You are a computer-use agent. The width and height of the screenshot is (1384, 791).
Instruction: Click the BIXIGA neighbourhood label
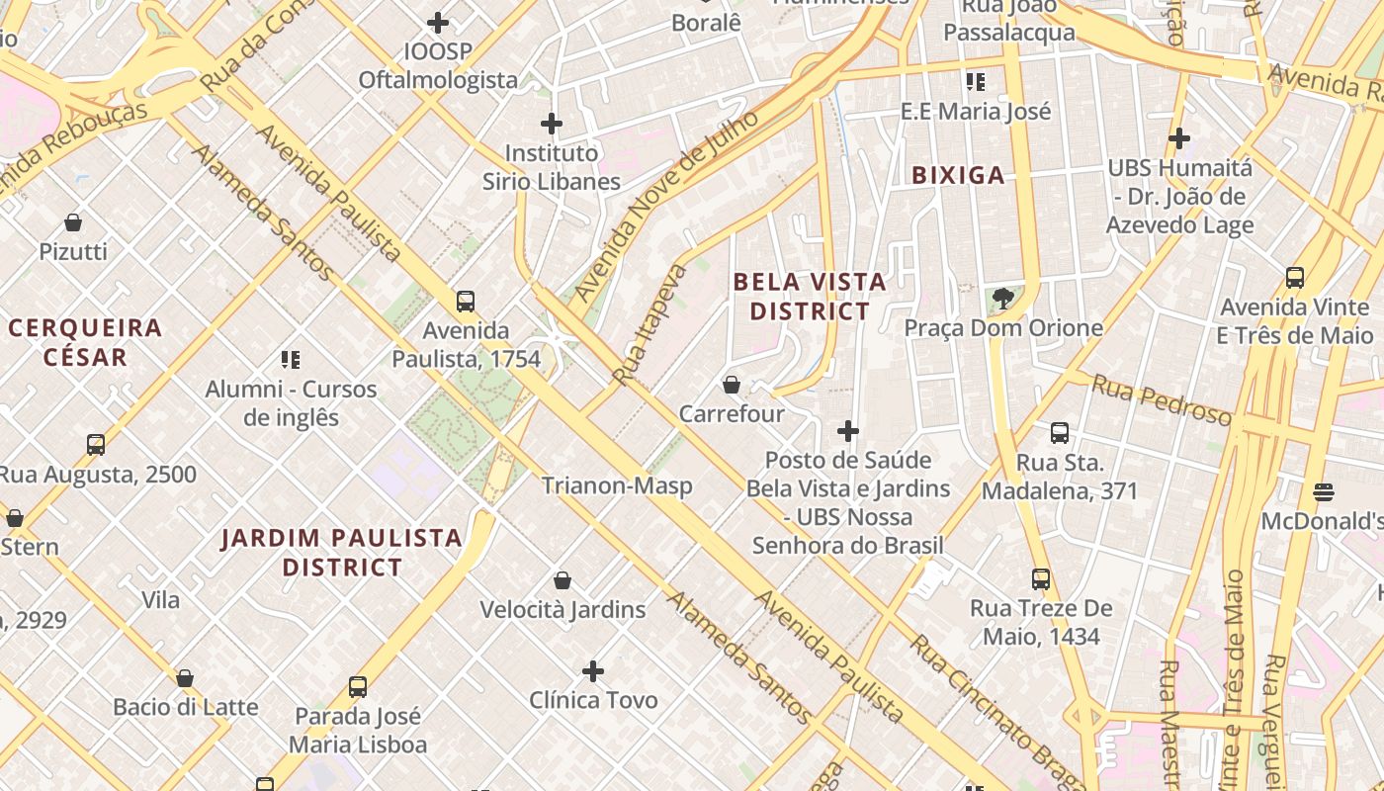coord(957,176)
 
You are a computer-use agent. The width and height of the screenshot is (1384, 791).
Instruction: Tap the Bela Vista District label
coord(810,297)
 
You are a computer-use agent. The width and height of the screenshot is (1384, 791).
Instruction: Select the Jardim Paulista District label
coord(342,553)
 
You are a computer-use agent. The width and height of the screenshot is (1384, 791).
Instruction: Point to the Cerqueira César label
coord(85,342)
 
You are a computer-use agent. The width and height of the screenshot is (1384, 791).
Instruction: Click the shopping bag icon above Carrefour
coord(732,385)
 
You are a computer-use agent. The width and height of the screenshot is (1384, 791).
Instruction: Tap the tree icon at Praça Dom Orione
coord(1003,298)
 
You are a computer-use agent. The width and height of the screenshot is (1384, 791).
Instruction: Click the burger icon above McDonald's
coord(1324,491)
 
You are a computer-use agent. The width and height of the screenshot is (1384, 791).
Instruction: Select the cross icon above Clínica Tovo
coord(593,672)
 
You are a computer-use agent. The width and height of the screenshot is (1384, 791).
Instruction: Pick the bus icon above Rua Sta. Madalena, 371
coord(1060,433)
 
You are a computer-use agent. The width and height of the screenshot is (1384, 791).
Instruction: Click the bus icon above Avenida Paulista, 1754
coord(466,302)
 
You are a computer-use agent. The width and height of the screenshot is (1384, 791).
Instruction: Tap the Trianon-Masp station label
coord(617,485)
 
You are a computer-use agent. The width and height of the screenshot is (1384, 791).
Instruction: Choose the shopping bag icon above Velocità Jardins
coord(562,580)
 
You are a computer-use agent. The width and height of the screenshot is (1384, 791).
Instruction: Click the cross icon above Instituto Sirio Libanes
coord(552,124)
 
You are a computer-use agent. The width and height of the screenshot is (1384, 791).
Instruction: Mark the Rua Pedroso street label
coord(1162,400)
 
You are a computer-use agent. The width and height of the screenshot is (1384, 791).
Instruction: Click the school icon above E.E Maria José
coord(976,82)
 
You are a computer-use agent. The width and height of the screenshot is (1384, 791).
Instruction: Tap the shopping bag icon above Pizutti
coord(73,222)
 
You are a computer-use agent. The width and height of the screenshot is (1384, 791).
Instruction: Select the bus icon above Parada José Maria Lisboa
coord(358,687)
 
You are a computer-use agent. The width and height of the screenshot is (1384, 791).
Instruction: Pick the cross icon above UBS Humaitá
coord(1178,138)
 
